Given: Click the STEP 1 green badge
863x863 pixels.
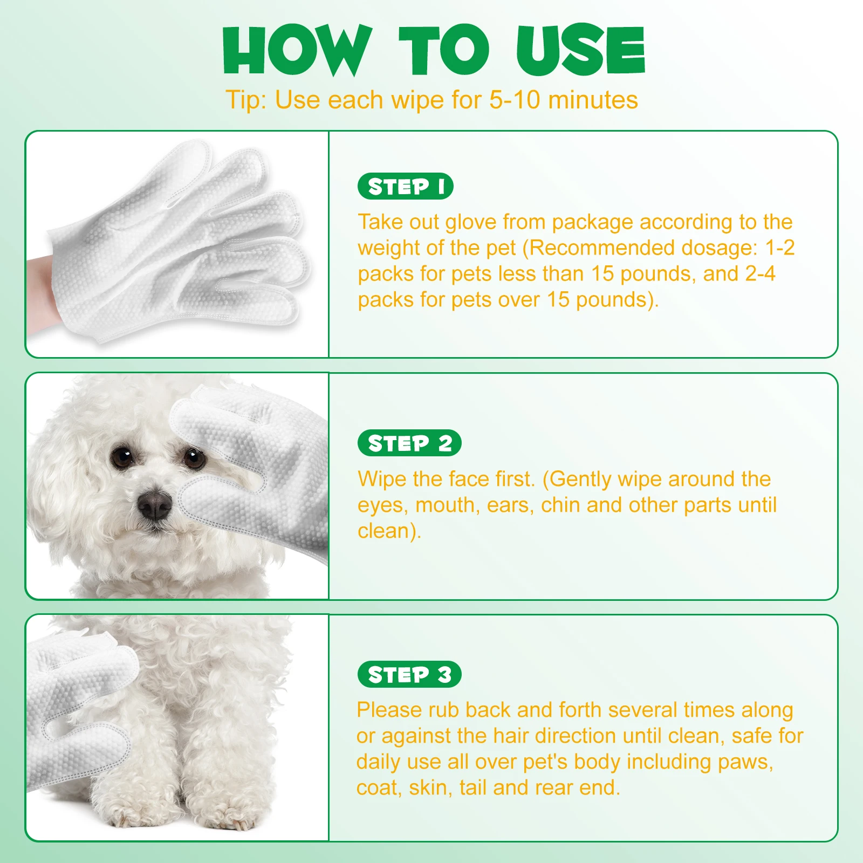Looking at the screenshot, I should pos(405,187).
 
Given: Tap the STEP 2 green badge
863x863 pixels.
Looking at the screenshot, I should pos(409,443).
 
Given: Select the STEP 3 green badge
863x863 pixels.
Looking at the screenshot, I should pos(409,674).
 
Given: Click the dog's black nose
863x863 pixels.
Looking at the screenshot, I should pos(155,505).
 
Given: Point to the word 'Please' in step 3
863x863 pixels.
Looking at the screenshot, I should pos(389,710).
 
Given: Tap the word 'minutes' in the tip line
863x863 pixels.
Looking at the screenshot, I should pos(593,100).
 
